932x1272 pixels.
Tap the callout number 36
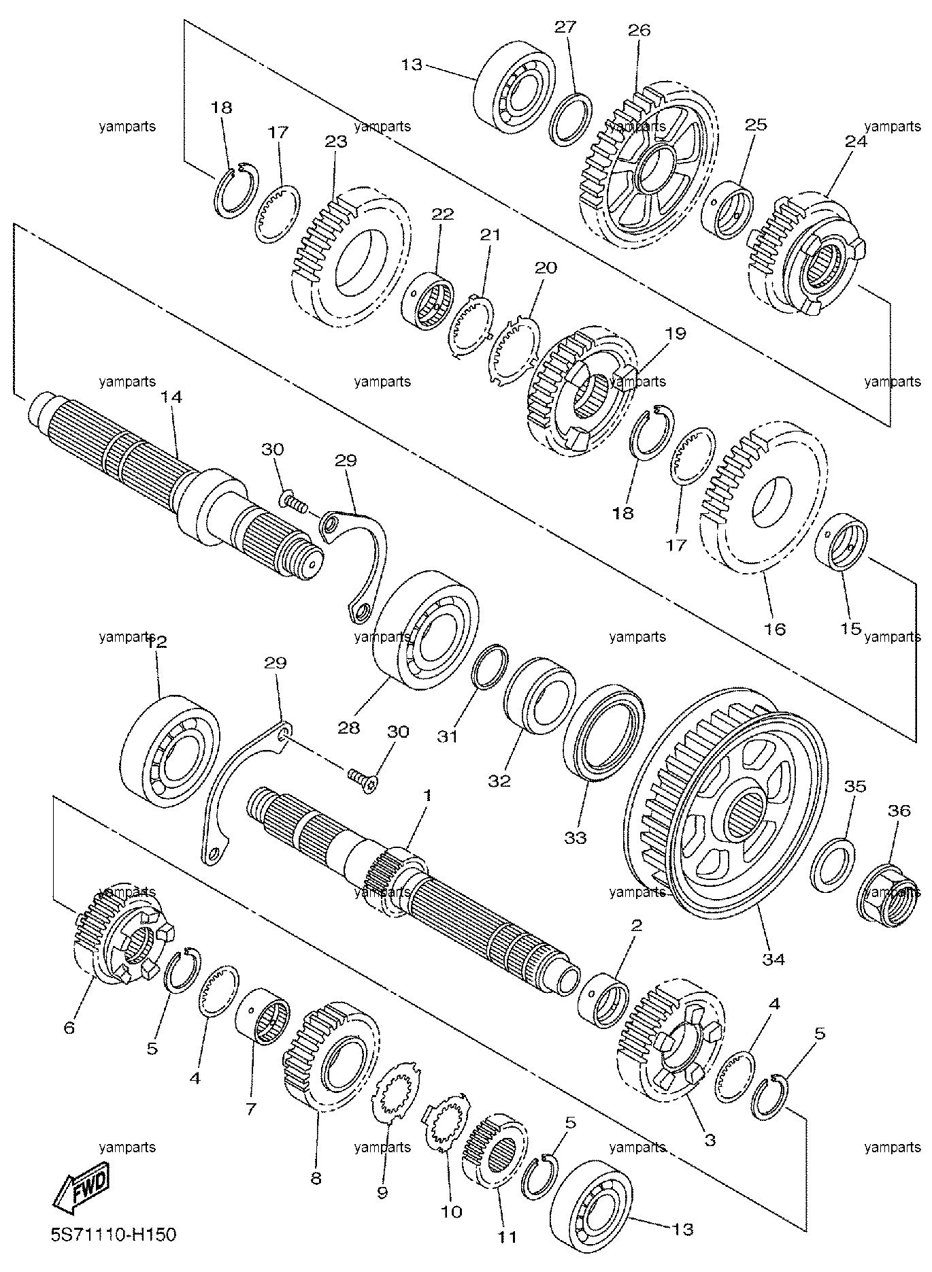(x=899, y=811)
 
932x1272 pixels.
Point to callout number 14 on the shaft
(x=171, y=397)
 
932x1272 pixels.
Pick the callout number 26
(x=639, y=30)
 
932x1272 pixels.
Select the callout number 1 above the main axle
(x=427, y=795)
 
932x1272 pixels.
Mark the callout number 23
(x=336, y=142)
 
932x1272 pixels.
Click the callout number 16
(x=775, y=629)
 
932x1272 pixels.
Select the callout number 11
(x=507, y=1237)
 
